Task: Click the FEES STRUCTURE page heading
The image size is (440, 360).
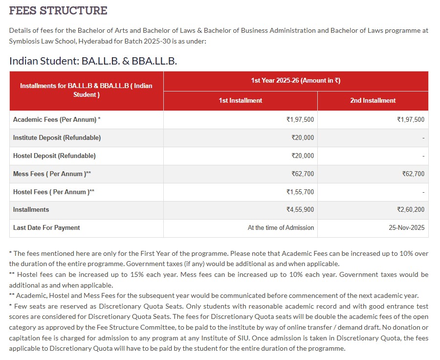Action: [x=58, y=10]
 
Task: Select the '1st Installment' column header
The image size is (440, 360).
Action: [x=240, y=100]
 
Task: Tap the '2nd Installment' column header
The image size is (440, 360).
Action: [x=373, y=100]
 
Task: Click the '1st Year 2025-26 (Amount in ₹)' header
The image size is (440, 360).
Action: [x=295, y=81]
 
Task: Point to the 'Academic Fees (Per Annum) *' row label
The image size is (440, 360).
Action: [x=57, y=119]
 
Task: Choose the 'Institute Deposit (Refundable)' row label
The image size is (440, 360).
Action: [x=57, y=137]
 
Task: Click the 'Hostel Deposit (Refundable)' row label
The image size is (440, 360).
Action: [x=54, y=156]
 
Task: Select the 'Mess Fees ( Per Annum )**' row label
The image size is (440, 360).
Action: [x=52, y=174]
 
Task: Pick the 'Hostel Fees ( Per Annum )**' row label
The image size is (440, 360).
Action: [x=54, y=192]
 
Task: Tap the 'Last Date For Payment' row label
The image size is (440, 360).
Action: [x=46, y=227]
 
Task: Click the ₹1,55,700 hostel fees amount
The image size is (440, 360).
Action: [x=300, y=192]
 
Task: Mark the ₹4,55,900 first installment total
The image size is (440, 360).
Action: [x=300, y=209]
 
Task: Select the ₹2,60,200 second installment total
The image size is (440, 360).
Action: [x=411, y=209]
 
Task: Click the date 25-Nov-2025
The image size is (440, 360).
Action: [x=407, y=227]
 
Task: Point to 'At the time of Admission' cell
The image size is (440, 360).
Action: [x=281, y=227]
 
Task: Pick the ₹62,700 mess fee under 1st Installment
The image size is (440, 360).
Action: [x=303, y=174]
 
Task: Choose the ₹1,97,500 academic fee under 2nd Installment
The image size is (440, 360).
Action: [x=411, y=119]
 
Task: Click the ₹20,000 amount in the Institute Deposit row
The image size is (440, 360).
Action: [x=303, y=137]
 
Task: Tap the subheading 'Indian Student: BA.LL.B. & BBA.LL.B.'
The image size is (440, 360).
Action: [x=93, y=61]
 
